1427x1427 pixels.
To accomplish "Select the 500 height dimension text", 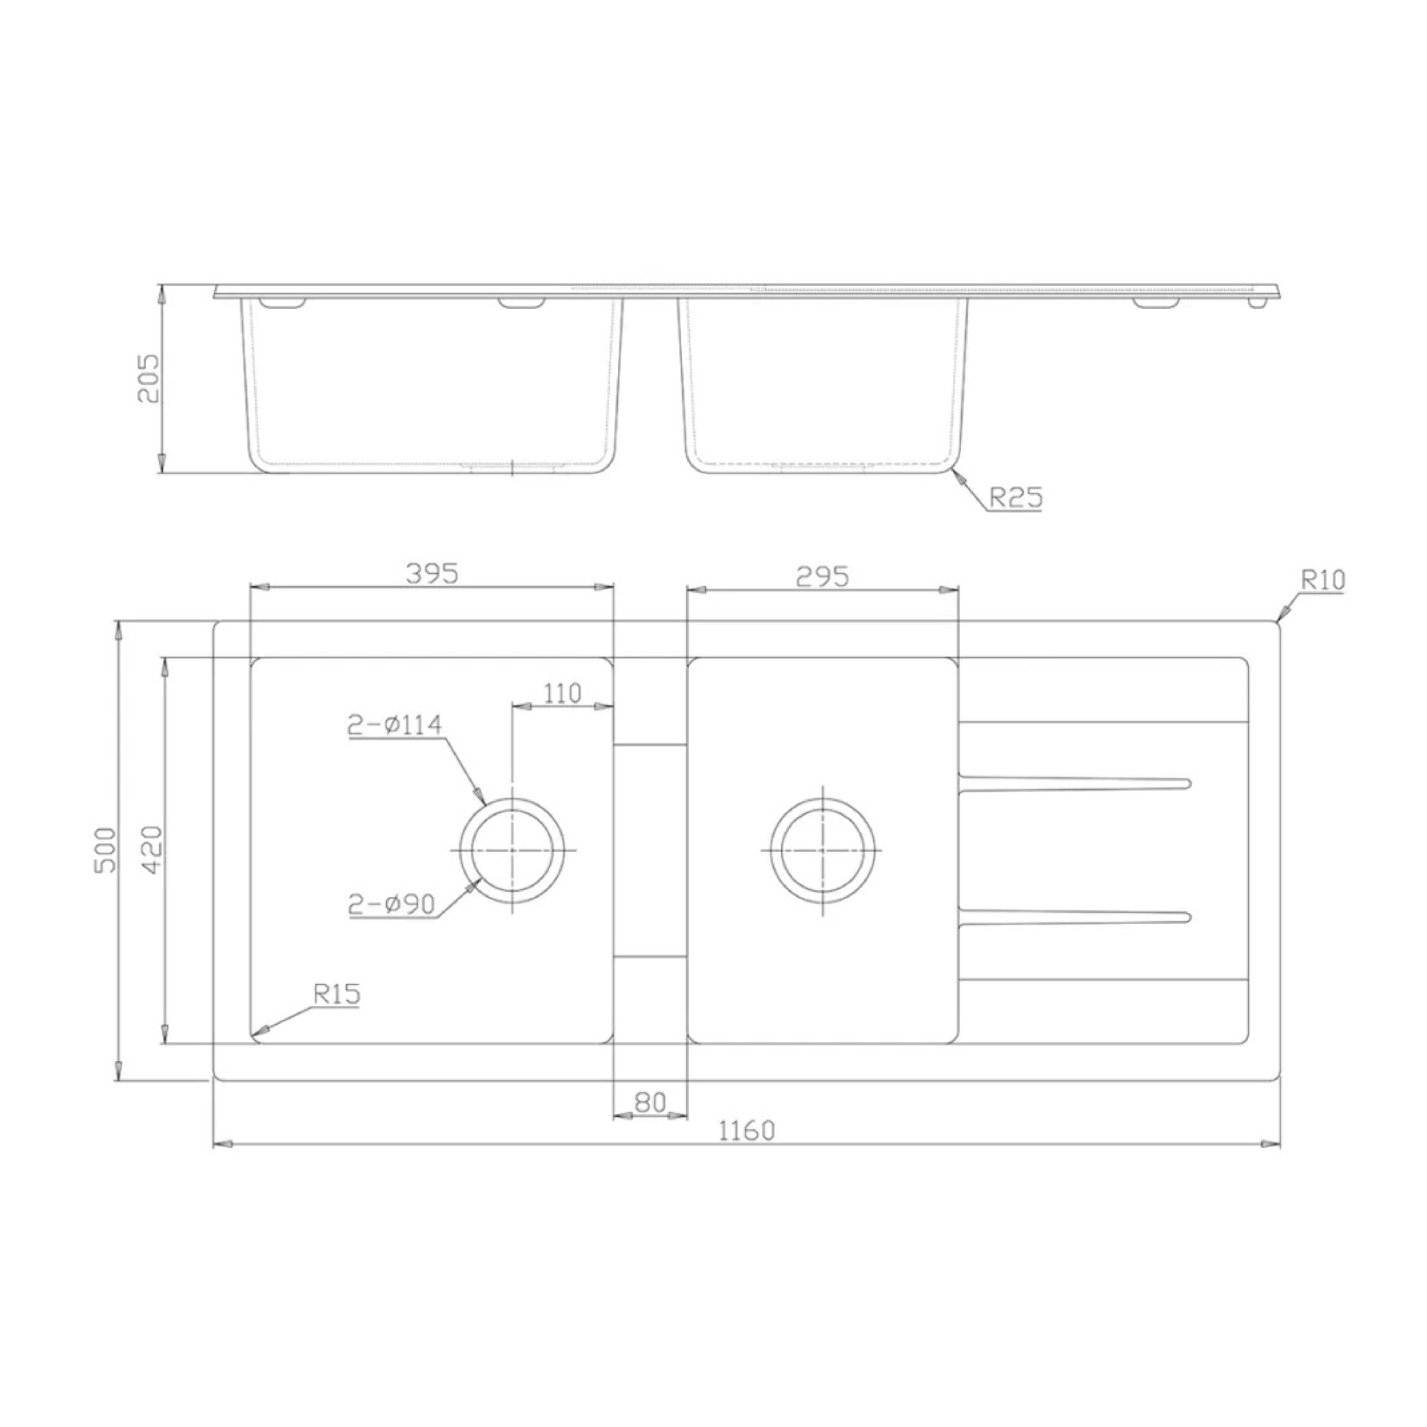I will tap(106, 849).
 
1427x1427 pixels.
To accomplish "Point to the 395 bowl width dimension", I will tap(432, 573).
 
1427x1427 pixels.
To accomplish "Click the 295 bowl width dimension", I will tap(822, 576).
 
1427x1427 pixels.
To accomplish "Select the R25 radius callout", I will tap(1016, 497).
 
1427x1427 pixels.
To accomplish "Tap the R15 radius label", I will tap(337, 994).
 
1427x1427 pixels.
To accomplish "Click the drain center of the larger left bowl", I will tap(512, 850).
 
